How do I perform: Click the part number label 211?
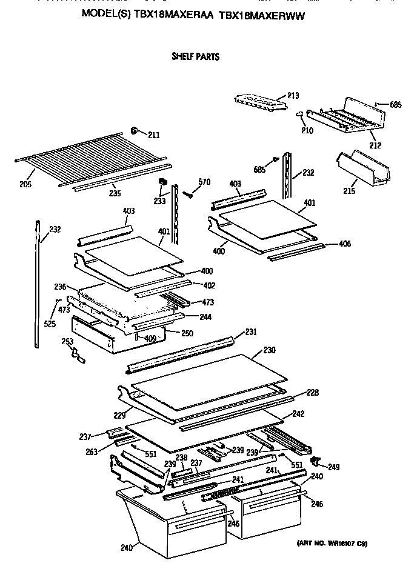[x=154, y=135]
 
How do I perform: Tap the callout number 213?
[x=293, y=95]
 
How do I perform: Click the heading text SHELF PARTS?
[x=195, y=58]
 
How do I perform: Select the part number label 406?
[x=344, y=244]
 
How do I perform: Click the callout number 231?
[x=251, y=333]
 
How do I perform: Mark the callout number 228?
[x=312, y=393]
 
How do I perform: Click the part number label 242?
[x=298, y=415]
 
